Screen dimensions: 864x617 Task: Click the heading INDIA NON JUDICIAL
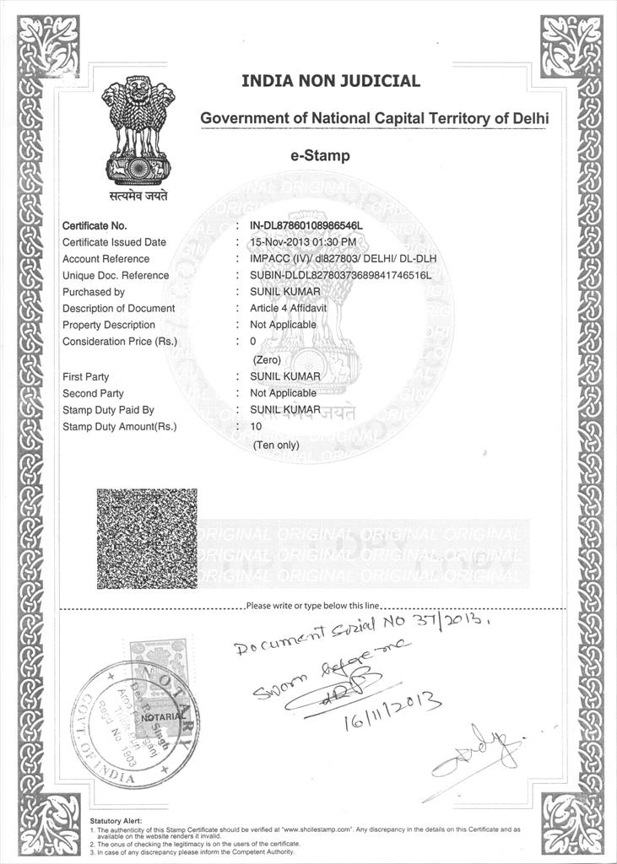coord(330,81)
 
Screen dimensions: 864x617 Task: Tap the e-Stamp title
coord(319,155)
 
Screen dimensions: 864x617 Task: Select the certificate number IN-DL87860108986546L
coord(306,225)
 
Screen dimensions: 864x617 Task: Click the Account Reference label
coord(106,259)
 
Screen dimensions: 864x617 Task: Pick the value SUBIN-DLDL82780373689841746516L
coord(340,275)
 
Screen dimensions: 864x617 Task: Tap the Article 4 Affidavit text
coord(286,308)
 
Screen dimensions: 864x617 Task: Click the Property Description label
coord(109,325)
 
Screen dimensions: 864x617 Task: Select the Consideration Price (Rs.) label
coord(120,342)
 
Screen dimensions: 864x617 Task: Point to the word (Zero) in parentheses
coord(268,359)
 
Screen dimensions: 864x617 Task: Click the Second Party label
coord(93,393)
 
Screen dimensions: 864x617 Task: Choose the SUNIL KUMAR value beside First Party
coord(285,376)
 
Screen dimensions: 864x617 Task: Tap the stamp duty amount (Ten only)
coord(276,445)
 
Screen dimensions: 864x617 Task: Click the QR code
coord(147,538)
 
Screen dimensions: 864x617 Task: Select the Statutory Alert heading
coord(116,821)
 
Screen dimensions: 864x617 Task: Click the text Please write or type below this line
coord(314,606)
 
